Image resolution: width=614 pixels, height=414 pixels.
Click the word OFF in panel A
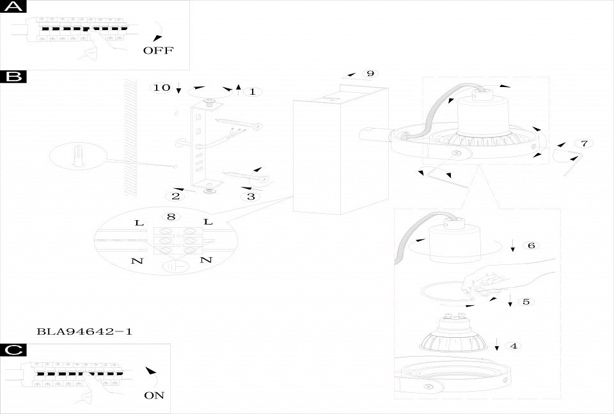click(x=158, y=51)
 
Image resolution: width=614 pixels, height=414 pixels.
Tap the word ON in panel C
click(x=154, y=395)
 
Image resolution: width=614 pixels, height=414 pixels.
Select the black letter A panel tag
click(x=14, y=7)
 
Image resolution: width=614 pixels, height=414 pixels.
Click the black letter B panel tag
click(x=14, y=77)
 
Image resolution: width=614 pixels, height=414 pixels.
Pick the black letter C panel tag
click(x=14, y=350)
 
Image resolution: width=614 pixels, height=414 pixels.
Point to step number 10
click(x=162, y=87)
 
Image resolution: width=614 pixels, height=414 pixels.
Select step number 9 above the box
click(x=370, y=73)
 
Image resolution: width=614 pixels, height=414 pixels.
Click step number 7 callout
click(x=583, y=143)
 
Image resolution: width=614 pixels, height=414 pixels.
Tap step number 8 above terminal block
click(x=171, y=217)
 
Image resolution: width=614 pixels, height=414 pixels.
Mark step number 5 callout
click(x=526, y=301)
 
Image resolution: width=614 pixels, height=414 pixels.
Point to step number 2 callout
click(x=175, y=196)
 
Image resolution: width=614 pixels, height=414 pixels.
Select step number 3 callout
click(x=251, y=196)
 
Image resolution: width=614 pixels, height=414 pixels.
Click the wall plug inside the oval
click(x=78, y=155)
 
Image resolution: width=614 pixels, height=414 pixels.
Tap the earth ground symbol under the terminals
click(x=171, y=267)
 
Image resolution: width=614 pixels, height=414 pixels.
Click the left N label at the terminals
click(x=136, y=260)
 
